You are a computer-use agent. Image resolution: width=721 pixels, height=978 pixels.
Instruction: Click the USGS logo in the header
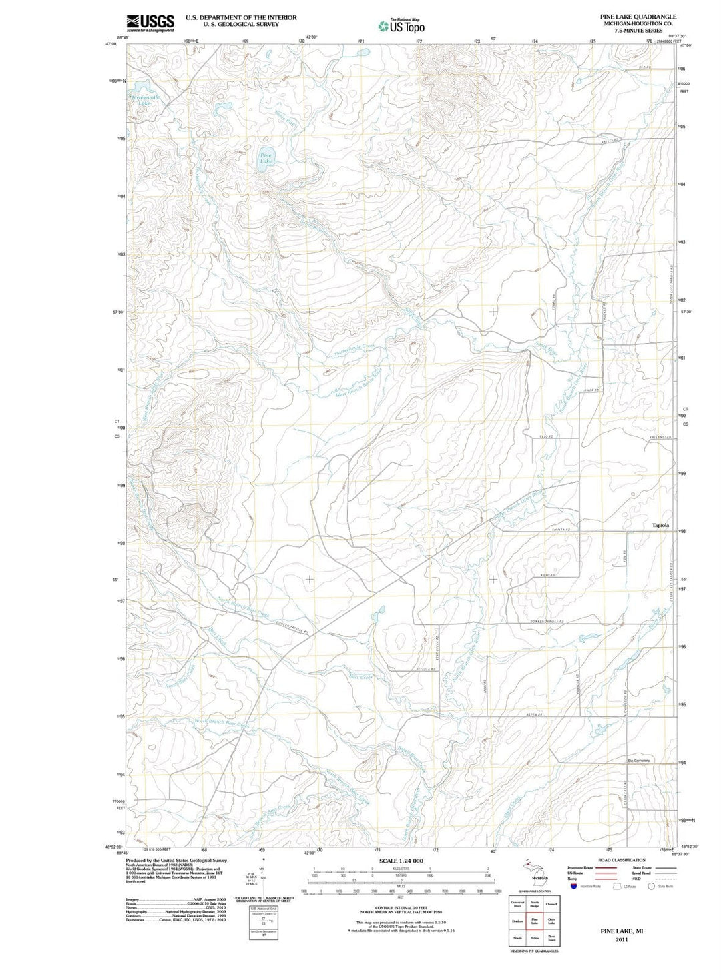click(x=150, y=23)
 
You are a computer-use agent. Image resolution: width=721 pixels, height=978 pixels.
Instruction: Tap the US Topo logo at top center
click(x=401, y=26)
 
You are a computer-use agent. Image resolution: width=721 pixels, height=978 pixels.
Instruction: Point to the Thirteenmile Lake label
click(x=144, y=101)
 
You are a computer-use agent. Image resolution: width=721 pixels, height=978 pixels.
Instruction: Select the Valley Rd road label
click(x=610, y=141)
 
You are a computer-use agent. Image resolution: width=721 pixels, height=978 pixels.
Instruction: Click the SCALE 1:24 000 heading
click(x=401, y=861)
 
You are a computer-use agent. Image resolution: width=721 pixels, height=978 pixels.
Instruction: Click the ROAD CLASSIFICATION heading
click(x=622, y=860)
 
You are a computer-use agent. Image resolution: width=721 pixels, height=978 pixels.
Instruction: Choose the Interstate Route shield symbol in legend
click(x=573, y=886)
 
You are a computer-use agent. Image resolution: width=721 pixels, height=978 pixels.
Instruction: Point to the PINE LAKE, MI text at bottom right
click(x=622, y=931)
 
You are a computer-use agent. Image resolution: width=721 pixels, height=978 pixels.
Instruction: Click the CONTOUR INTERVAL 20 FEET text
click(x=400, y=908)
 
